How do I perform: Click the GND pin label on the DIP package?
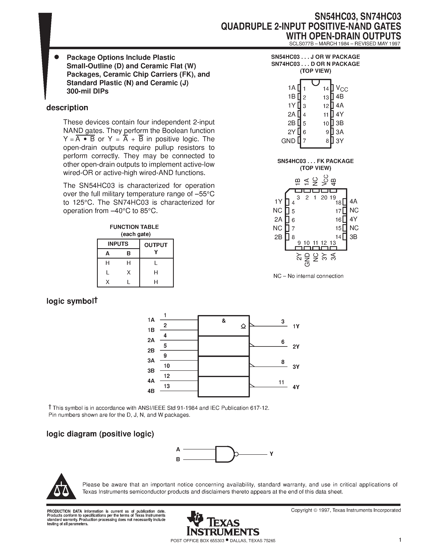288,141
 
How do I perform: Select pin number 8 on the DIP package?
327,141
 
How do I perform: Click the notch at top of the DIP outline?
316,82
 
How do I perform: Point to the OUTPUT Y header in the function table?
156,248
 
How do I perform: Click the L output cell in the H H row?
156,263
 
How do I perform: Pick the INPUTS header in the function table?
118,244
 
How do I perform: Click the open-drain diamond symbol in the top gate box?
243,326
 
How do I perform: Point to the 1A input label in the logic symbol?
151,320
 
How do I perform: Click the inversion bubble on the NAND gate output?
236,454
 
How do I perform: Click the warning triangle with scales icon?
61,487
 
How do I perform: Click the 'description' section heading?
67,108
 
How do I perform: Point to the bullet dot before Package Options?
57,57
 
